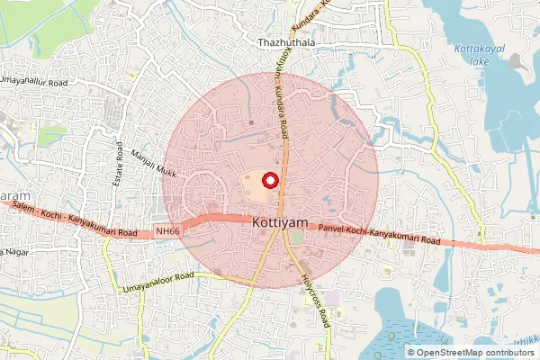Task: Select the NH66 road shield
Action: [x=166, y=231]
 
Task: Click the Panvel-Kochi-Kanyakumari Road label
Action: [x=379, y=236]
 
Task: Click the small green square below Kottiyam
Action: [x=296, y=237]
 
